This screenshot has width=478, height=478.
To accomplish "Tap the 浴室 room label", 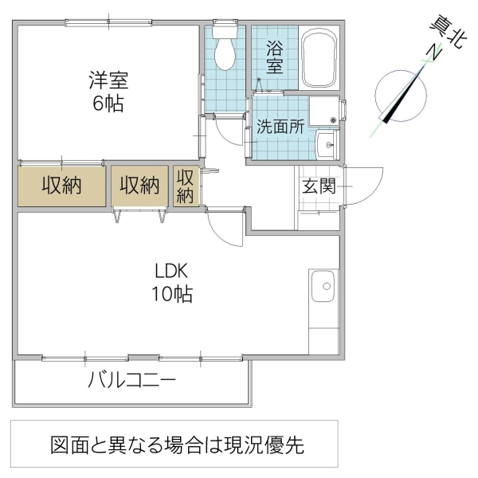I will pyautogui.click(x=274, y=58).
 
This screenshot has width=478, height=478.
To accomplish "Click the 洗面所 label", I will pyautogui.click(x=280, y=126).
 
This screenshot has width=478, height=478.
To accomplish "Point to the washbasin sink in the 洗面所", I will pyautogui.click(x=327, y=144).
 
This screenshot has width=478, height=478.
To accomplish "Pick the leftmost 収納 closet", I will pyautogui.click(x=62, y=186).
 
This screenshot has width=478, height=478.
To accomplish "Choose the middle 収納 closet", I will pyautogui.click(x=139, y=186).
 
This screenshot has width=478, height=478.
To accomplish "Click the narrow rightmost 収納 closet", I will pyautogui.click(x=186, y=186).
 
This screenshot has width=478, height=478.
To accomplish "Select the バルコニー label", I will pyautogui.click(x=131, y=379).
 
